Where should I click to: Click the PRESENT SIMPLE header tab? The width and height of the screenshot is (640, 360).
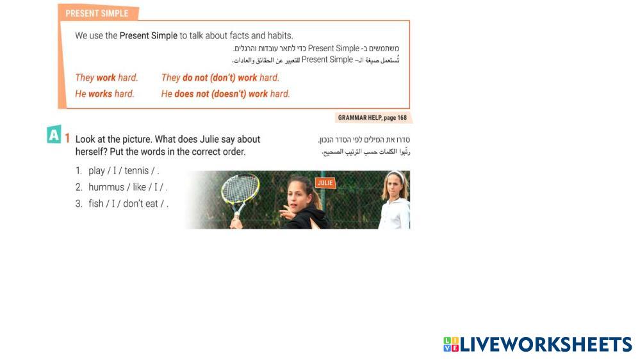(98, 13)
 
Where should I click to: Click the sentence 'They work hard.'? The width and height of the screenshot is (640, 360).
(106, 78)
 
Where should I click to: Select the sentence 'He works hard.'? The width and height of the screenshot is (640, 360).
(104, 94)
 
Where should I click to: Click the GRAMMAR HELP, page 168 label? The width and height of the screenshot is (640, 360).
(372, 118)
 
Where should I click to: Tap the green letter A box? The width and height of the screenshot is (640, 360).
(54, 135)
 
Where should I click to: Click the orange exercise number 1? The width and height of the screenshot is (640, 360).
(67, 138)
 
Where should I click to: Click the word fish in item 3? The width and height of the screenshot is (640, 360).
(96, 203)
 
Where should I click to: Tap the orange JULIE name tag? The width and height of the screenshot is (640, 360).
(325, 183)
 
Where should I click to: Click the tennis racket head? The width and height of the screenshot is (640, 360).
(240, 189)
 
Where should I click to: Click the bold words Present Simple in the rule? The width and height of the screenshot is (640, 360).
(149, 35)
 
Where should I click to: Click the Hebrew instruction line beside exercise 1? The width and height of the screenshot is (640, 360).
(364, 140)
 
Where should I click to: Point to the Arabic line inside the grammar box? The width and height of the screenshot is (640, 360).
(316, 60)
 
